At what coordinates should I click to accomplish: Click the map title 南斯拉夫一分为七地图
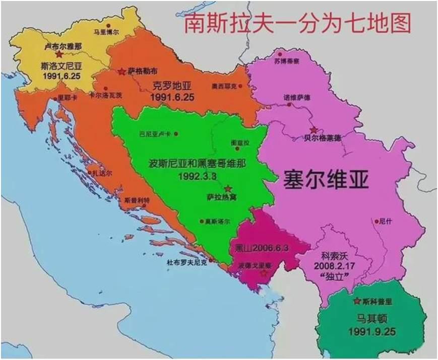click(297, 23)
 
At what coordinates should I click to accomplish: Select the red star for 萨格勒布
click(121, 71)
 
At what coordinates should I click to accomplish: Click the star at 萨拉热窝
click(228, 188)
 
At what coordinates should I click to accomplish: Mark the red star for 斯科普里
click(357, 301)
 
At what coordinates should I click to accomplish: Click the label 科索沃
click(334, 255)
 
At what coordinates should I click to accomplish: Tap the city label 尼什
click(385, 221)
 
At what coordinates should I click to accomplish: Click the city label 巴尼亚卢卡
click(155, 134)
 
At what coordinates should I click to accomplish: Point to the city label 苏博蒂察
click(286, 61)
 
